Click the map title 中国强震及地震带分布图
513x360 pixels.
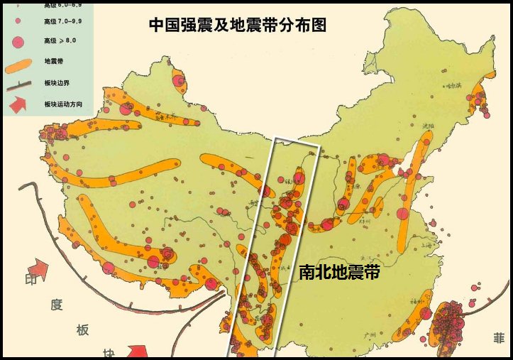238,26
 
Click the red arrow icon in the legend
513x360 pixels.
18,104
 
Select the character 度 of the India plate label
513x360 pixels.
57,305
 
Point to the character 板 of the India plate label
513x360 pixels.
83,330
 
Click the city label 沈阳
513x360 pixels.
426,126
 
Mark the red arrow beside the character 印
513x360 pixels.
38,269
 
